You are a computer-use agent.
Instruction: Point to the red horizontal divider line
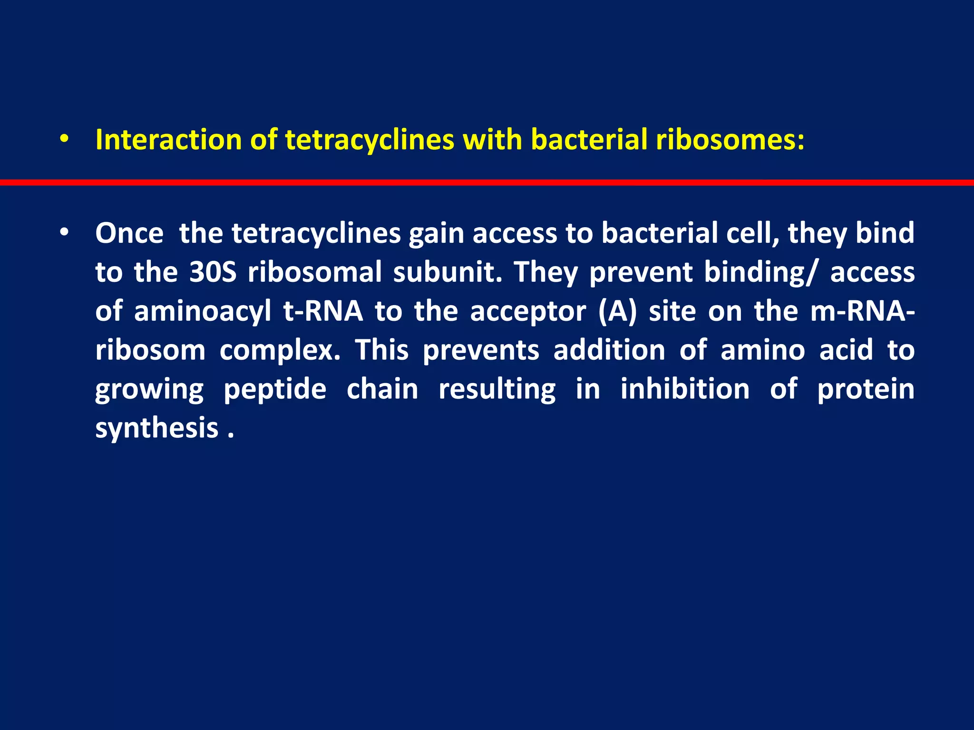click(x=487, y=182)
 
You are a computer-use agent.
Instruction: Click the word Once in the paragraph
click(x=129, y=233)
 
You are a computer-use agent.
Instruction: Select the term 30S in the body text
click(x=213, y=272)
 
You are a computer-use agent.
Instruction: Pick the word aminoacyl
click(x=202, y=312)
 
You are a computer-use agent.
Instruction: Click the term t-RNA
click(x=323, y=311)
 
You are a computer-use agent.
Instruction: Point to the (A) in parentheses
click(x=617, y=312)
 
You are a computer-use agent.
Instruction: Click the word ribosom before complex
click(x=150, y=350)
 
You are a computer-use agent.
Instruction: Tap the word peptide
click(x=275, y=390)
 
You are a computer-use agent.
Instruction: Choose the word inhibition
click(x=685, y=389)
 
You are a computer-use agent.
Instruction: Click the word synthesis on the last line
click(x=156, y=428)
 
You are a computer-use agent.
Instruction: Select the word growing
click(x=149, y=390)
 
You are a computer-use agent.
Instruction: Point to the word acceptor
click(x=528, y=312)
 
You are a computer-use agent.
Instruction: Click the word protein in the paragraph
click(x=866, y=389)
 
